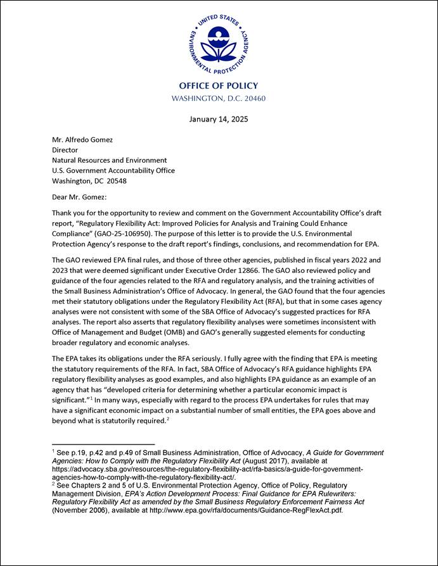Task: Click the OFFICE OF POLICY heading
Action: coord(219,86)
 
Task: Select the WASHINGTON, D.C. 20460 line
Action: coord(219,99)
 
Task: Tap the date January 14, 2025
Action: coord(219,118)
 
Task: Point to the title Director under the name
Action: coord(65,150)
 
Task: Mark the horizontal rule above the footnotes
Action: coord(103,444)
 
